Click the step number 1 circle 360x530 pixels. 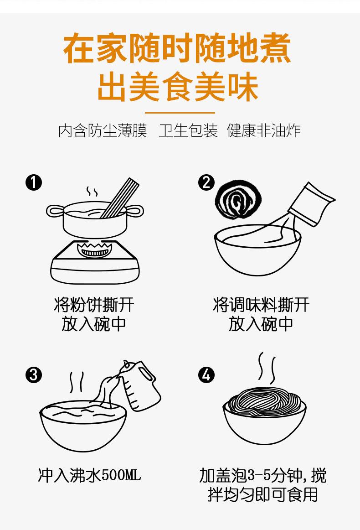pos(34,182)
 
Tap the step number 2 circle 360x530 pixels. pos(206,182)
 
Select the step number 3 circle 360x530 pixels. pos(34,375)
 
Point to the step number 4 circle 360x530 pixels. pos(206,375)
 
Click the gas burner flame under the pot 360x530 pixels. pos(94,249)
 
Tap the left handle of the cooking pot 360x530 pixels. pos(55,211)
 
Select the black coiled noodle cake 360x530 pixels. pos(238,200)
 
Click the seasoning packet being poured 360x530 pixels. pos(311,204)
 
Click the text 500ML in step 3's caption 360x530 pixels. pos(121,475)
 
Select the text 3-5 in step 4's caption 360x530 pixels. pos(259,475)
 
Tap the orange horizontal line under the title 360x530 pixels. pos(180,113)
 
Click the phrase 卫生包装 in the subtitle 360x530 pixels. pos(188,131)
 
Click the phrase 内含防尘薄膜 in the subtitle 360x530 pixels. pos(103,131)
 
